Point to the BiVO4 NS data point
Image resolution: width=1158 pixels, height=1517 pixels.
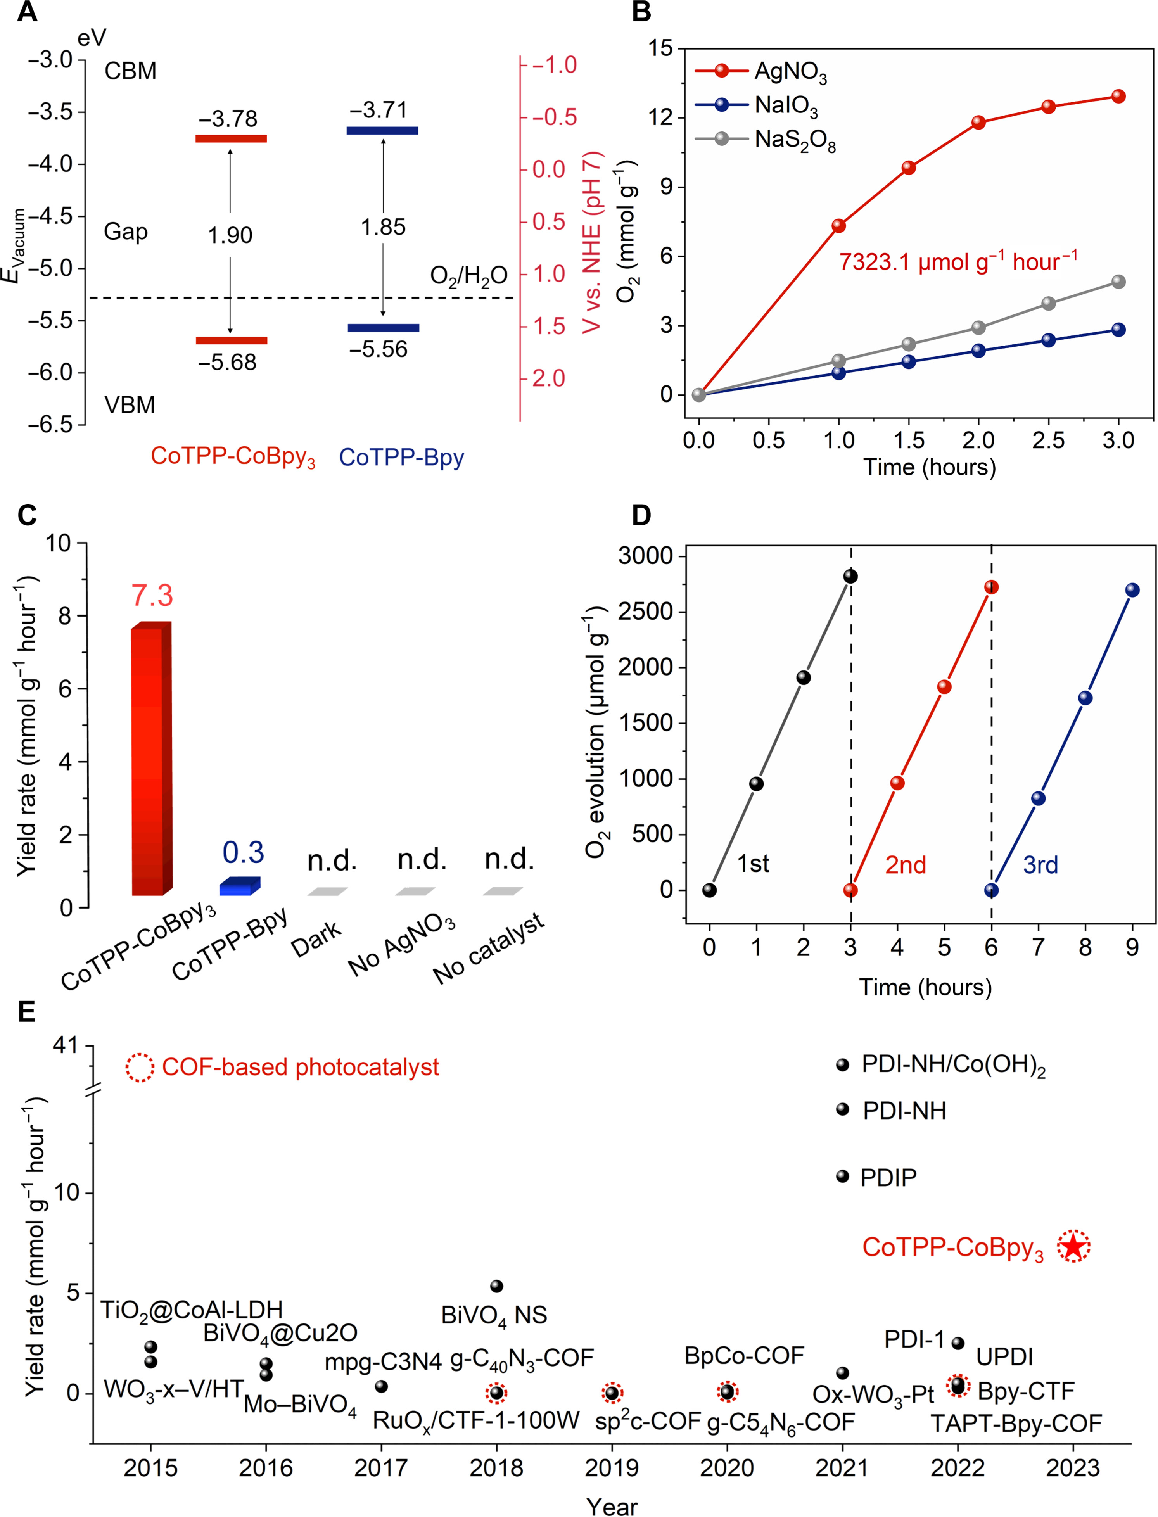[496, 1286]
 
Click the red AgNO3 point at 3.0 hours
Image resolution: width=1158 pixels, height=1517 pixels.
[1118, 97]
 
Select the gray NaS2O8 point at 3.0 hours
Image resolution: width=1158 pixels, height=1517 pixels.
[1118, 282]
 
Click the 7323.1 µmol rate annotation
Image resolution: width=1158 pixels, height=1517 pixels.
[958, 262]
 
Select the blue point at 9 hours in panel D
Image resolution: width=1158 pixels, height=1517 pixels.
[1132, 590]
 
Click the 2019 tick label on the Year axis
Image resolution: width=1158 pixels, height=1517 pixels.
[612, 1468]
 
